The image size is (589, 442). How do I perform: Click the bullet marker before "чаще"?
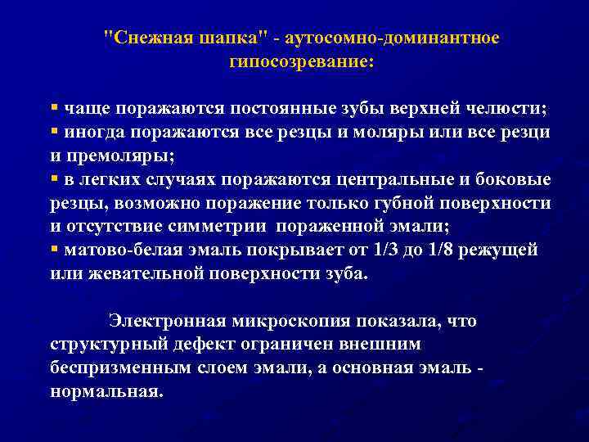(54, 108)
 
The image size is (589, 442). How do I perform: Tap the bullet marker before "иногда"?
(54, 131)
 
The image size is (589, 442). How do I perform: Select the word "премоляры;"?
(119, 155)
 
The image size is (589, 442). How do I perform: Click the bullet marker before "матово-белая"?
(54, 249)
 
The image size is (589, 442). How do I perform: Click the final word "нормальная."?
(106, 391)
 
